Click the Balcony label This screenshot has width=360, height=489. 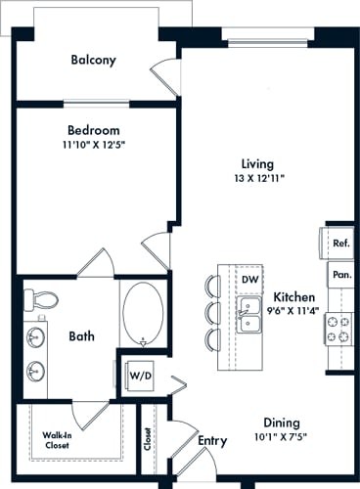pos(93,60)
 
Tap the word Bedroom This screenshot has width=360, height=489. pos(93,130)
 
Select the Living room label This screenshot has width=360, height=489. pos(257,163)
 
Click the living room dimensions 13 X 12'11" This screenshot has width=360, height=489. pos(257,179)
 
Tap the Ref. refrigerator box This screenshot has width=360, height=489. pos(340,244)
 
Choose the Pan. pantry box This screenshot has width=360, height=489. pos(340,275)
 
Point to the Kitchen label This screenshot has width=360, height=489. pos(293,297)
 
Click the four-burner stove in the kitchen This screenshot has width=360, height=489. pos(339,329)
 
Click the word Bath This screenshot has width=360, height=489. pos(81,336)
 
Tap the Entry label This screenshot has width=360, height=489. pos(212,440)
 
